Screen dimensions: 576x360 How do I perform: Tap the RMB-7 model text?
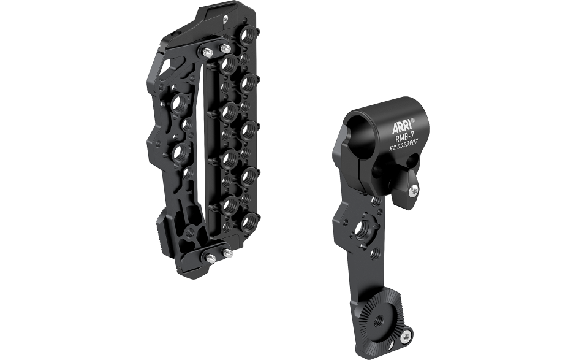coord(406,138)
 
